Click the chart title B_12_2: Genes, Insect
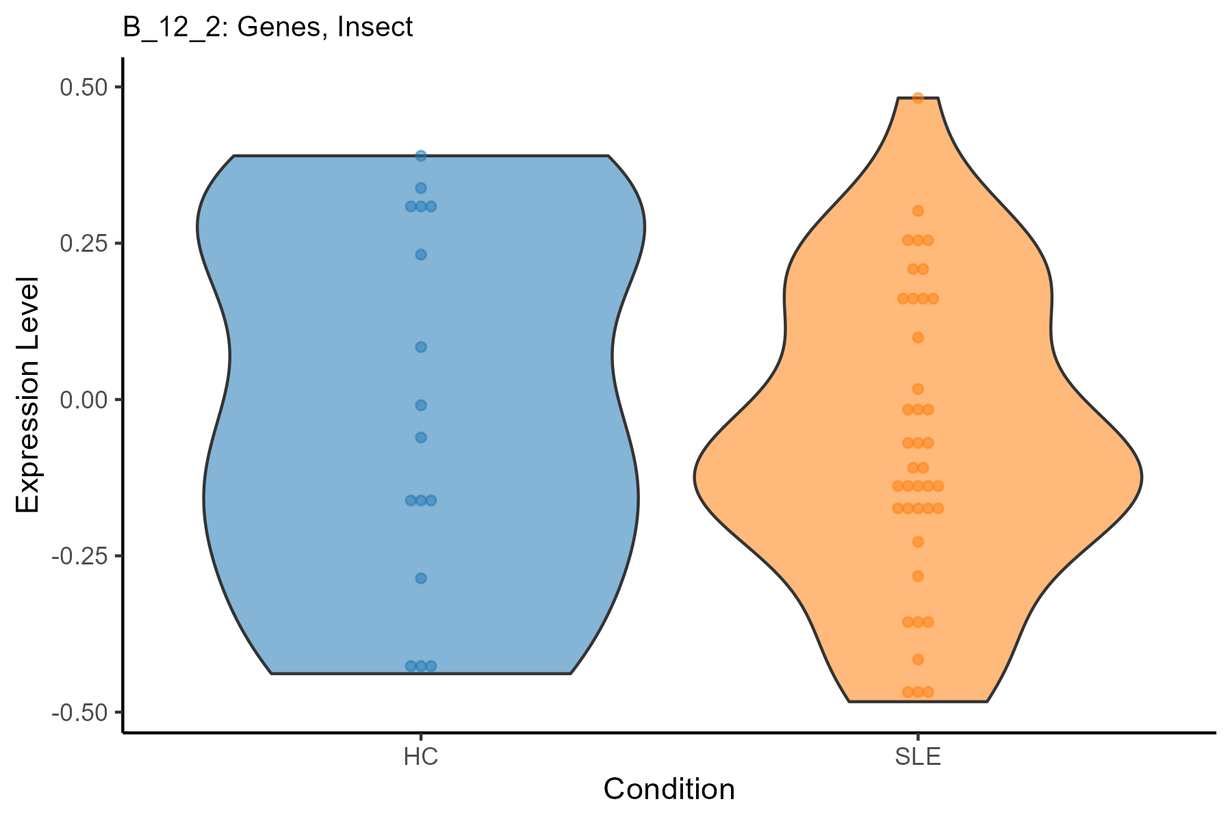(268, 27)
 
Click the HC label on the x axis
(421, 757)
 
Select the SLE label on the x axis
(919, 757)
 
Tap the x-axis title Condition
(669, 790)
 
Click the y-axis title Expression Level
(29, 395)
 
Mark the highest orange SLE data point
(919, 98)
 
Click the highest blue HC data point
(421, 156)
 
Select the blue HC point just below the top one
(421, 188)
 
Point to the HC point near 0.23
(421, 255)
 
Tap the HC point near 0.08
(421, 347)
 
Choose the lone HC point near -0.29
(421, 578)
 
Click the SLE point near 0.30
(919, 211)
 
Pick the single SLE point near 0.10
(919, 337)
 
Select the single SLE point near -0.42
(919, 660)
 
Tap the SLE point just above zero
(919, 389)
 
